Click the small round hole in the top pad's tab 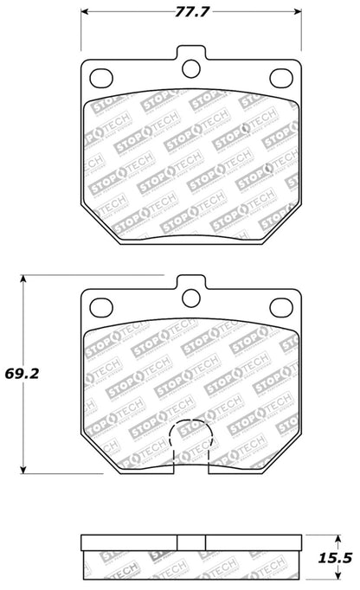click(x=190, y=67)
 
